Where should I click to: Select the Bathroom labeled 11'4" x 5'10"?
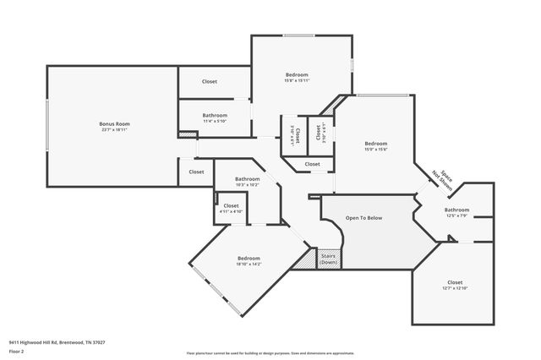(215, 117)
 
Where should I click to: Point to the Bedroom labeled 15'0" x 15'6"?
(375, 146)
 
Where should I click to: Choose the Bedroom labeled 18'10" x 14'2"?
(249, 260)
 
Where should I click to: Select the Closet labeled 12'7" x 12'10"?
(455, 285)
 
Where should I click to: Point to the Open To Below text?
(363, 218)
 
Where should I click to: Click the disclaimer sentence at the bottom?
(270, 352)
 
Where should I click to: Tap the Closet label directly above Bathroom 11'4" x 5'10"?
(210, 82)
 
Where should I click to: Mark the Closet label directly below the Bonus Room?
(196, 172)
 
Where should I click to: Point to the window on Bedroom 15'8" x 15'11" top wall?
(297, 35)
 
